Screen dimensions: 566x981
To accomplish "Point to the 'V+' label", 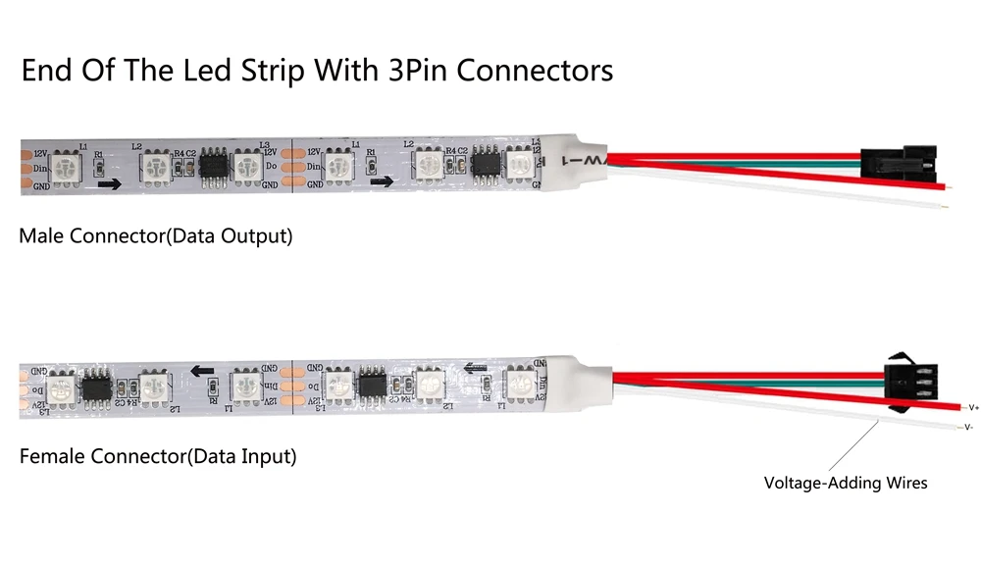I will pyautogui.click(x=973, y=405).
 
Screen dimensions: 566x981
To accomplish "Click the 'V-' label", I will pyautogui.click(x=968, y=427).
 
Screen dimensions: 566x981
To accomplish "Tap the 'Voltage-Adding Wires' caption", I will pyautogui.click(x=846, y=482).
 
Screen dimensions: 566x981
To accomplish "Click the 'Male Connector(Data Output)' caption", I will pyautogui.click(x=155, y=236).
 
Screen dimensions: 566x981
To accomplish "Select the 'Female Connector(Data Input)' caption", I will pyautogui.click(x=158, y=456).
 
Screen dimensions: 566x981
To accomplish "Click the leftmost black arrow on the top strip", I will pyautogui.click(x=110, y=183).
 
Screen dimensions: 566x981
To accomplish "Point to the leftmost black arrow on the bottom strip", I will pyautogui.click(x=202, y=372).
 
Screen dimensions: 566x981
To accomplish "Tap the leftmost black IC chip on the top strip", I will pyautogui.click(x=213, y=163).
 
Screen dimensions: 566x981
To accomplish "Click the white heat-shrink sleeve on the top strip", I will pyautogui.click(x=572, y=160).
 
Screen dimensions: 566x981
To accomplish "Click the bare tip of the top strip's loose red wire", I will pyautogui.click(x=944, y=186).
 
